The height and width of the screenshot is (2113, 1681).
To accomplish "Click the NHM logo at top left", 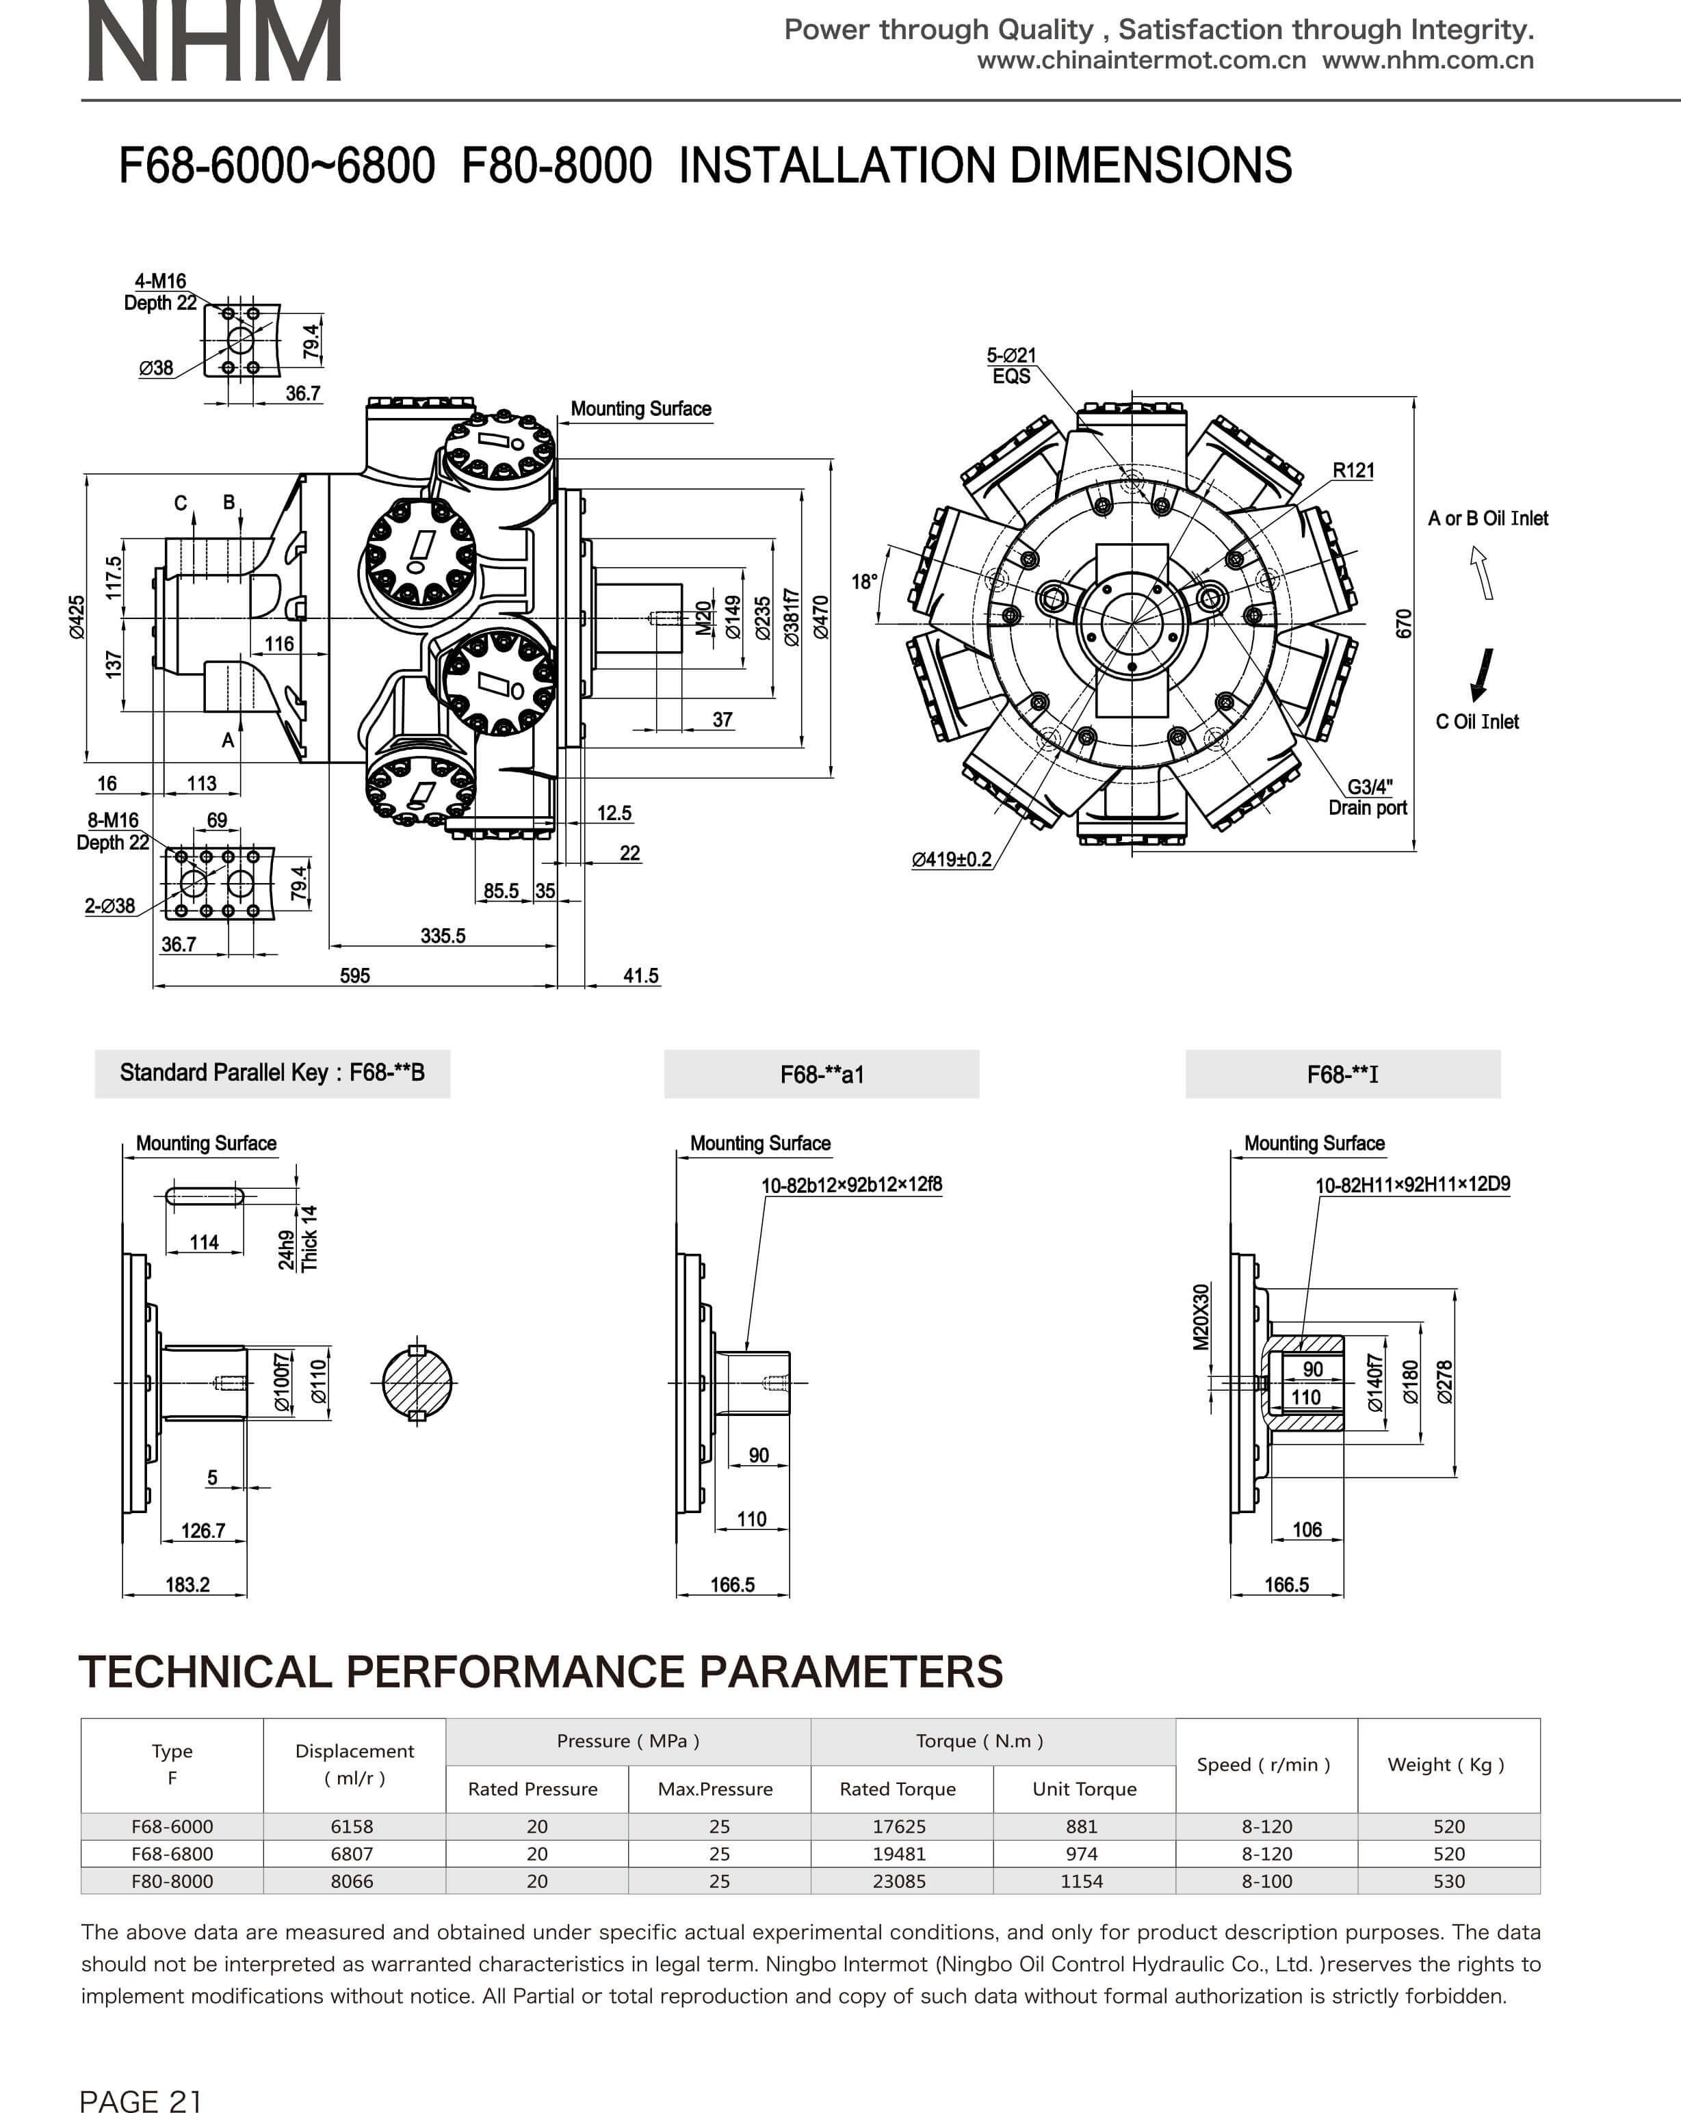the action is [x=213, y=41].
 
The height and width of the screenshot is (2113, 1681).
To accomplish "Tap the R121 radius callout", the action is [x=1353, y=471].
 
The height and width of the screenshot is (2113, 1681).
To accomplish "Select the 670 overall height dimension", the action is [x=1404, y=623].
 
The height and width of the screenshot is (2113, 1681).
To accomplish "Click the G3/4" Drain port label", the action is [x=1368, y=797].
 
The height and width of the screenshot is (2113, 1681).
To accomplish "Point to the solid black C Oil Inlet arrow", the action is [x=1484, y=675].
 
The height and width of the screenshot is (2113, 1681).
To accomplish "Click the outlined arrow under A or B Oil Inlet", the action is [x=1481, y=573].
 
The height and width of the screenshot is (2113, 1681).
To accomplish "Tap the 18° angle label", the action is [x=863, y=582].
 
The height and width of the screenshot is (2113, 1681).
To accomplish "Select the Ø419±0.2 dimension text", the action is [x=951, y=860].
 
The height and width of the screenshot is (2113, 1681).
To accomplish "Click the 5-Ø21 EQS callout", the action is [x=1011, y=365].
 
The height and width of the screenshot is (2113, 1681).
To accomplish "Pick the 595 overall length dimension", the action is [x=355, y=975].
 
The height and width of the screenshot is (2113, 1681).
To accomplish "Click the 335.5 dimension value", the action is [x=443, y=936].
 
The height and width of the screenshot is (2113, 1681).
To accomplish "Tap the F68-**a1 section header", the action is [x=822, y=1074].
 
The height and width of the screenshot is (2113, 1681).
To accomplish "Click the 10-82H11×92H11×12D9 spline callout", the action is [x=1412, y=1184].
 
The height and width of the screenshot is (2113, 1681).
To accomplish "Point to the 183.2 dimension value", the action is [x=187, y=1585].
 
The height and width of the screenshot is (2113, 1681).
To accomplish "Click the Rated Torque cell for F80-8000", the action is [x=899, y=1880].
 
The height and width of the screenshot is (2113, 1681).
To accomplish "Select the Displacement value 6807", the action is [x=352, y=1853].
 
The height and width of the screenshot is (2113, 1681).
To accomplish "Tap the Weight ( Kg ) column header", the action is [x=1446, y=1764].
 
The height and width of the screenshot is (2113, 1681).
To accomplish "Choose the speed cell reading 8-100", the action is [x=1267, y=1880].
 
